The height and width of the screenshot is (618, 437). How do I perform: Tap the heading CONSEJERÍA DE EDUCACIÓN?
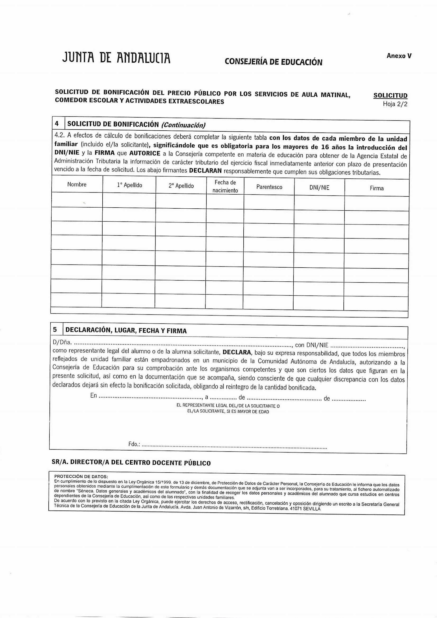point(273,62)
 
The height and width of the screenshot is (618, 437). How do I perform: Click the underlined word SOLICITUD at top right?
point(390,95)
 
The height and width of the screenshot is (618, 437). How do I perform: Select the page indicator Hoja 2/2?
point(395,104)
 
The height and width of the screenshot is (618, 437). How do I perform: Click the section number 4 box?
point(57,124)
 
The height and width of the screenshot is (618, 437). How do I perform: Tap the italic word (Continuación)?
point(183,125)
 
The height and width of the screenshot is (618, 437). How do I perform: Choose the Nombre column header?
point(77,185)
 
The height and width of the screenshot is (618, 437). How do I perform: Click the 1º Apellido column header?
point(130,185)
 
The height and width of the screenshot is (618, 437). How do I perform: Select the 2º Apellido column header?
point(181,186)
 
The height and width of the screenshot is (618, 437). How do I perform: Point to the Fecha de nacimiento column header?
point(225,186)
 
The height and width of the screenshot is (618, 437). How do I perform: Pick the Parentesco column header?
point(269,187)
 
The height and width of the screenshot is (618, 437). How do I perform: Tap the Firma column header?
point(376,188)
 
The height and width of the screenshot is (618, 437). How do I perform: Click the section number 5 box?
point(55,330)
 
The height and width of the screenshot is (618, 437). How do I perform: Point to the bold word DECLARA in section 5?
point(237,352)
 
